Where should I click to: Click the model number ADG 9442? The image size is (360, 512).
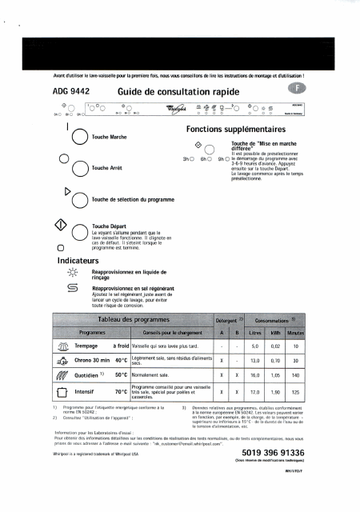pos(58,93)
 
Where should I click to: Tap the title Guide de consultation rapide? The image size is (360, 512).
pos(167,93)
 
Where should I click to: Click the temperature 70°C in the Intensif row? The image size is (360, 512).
pos(121,393)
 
